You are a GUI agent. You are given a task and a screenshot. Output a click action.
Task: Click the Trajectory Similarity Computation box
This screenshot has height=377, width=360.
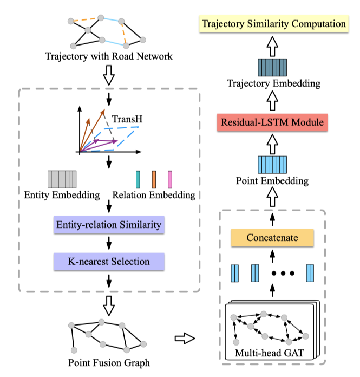tap(273, 23)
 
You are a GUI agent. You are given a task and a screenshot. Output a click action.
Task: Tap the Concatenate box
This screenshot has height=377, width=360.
tap(272, 238)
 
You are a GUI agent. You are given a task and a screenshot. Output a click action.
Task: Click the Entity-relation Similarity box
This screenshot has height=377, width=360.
tap(109, 223)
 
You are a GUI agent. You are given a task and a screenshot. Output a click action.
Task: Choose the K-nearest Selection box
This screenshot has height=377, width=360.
tap(109, 262)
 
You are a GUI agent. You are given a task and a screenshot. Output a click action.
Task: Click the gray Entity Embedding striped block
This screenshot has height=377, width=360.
tap(62, 179)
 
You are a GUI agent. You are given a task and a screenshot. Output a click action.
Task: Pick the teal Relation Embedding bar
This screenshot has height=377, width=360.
tap(138, 179)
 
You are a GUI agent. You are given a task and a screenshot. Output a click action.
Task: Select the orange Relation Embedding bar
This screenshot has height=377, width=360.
tap(154, 179)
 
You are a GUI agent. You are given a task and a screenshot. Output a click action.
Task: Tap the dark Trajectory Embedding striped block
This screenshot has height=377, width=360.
tap(273, 68)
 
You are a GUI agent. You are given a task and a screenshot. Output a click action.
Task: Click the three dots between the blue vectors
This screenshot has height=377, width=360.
tap(283, 273)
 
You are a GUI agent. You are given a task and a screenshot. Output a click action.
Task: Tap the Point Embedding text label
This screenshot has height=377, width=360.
tap(273, 181)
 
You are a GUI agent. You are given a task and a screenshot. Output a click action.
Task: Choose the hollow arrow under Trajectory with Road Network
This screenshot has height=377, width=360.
tap(109, 77)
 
